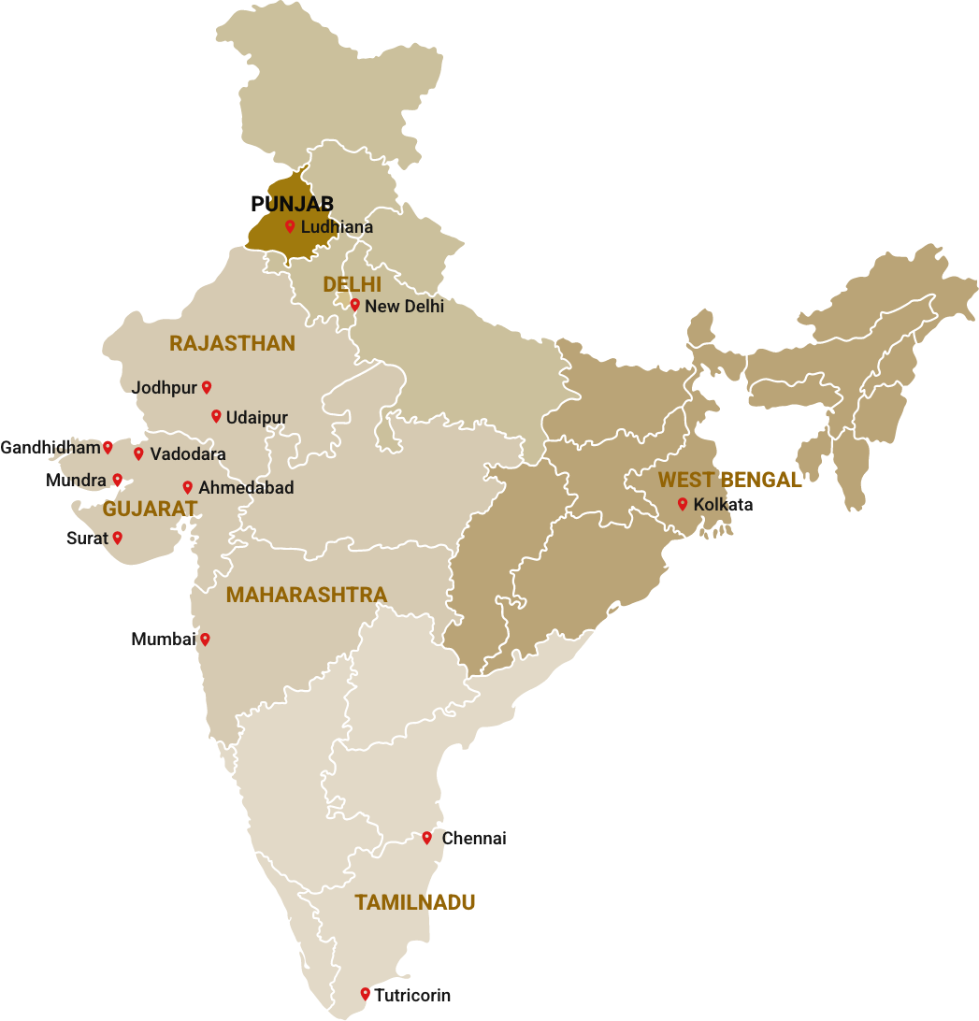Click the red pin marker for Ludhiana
click(290, 226)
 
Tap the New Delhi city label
click(404, 306)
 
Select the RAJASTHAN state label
click(232, 344)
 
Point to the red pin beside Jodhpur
click(207, 387)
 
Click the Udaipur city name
click(256, 418)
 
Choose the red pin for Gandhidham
click(108, 447)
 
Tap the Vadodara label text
click(187, 454)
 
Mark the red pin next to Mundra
click(118, 480)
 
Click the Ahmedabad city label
click(245, 488)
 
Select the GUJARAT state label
click(150, 510)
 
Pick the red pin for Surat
click(118, 538)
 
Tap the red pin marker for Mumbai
click(205, 640)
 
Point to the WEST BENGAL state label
click(729, 481)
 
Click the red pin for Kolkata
click(683, 504)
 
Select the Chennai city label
click(474, 839)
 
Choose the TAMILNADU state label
click(414, 903)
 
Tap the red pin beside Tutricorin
click(365, 994)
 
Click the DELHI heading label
click(353, 284)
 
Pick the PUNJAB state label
click(293, 204)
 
